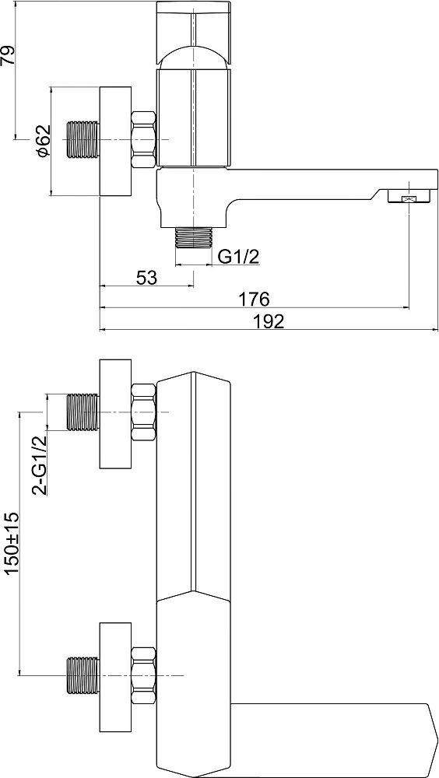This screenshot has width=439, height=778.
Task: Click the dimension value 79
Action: tap(9, 55)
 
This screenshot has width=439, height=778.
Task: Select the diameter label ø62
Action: tap(44, 140)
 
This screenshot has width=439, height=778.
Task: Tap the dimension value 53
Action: tap(146, 278)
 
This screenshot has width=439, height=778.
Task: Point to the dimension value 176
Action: tap(255, 300)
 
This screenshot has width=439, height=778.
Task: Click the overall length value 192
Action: tap(269, 321)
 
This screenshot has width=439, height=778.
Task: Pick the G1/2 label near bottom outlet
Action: tap(240, 257)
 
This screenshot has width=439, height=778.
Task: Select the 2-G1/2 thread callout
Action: tap(39, 465)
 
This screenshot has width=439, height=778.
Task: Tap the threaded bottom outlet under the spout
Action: tap(194, 237)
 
